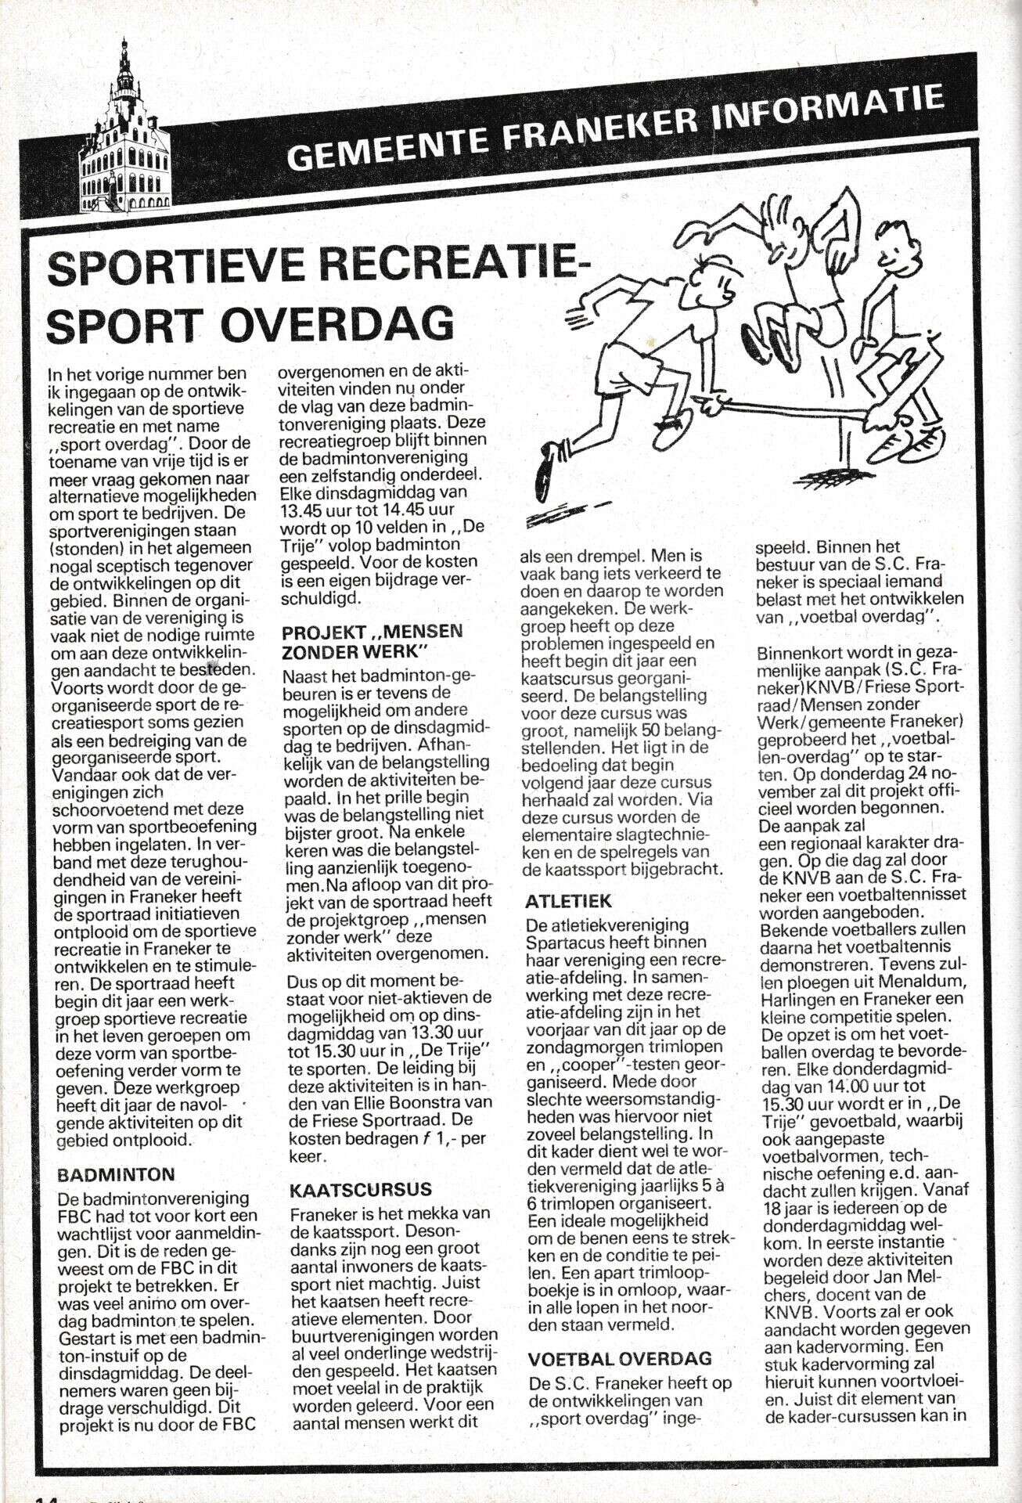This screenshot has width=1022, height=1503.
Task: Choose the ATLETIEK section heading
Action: click(569, 901)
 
